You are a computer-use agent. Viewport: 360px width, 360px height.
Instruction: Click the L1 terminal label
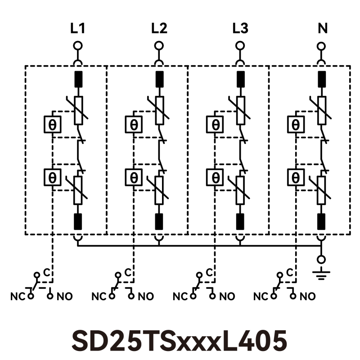[78, 29]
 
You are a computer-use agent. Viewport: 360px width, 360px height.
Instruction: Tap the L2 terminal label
[159, 29]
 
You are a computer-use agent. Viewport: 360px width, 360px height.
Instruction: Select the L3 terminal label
[240, 29]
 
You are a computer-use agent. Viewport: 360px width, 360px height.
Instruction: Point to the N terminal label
[322, 29]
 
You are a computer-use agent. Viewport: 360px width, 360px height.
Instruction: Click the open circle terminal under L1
[78, 45]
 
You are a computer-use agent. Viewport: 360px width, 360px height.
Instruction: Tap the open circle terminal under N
[321, 45]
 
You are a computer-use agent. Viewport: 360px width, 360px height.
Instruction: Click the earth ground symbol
[321, 273]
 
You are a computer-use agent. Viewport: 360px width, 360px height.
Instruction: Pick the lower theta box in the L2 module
[134, 177]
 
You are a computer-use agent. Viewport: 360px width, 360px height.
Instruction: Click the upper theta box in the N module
[296, 124]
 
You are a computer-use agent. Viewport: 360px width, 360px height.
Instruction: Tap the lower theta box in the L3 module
[215, 177]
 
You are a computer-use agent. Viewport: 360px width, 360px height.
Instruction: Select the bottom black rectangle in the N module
[321, 221]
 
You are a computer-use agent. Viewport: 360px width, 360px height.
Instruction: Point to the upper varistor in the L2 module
[159, 110]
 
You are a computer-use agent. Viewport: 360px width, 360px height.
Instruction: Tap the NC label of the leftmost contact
[16, 297]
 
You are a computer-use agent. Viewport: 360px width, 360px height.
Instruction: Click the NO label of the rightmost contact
[308, 297]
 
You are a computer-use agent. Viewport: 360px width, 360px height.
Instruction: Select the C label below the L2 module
[128, 272]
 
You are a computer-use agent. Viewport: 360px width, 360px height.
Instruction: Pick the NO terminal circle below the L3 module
[212, 296]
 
